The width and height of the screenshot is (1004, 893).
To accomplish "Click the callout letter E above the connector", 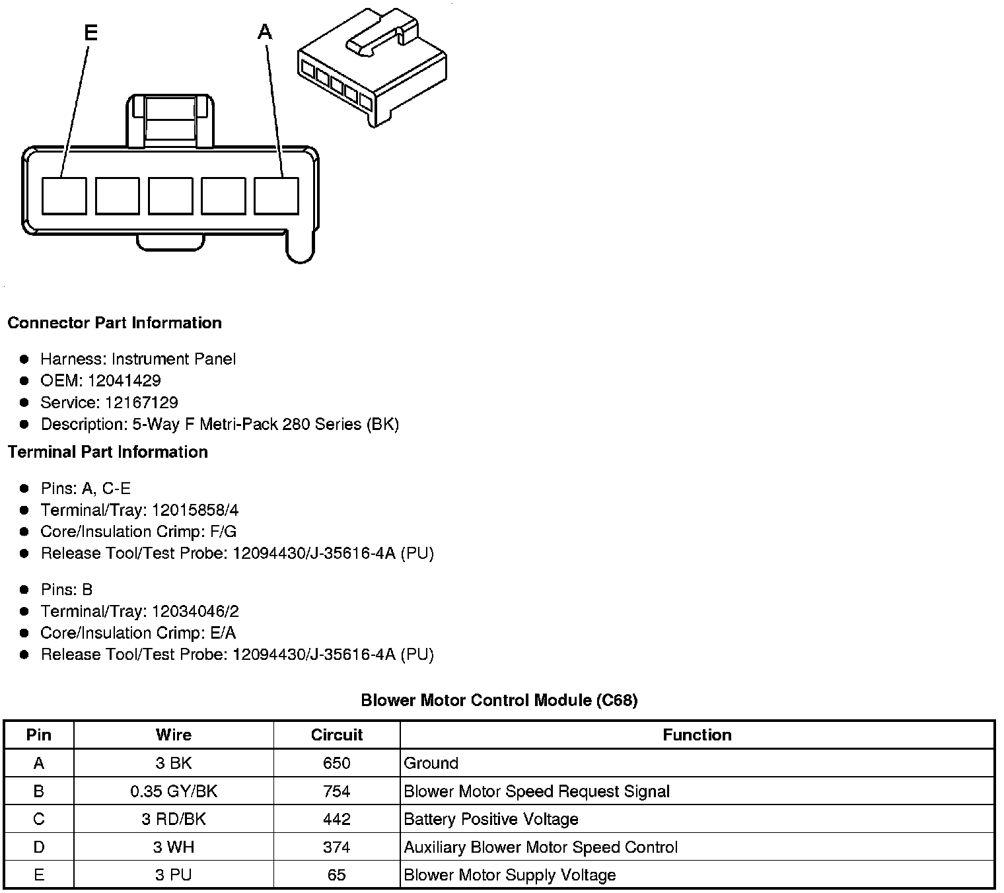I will pyautogui.click(x=91, y=32).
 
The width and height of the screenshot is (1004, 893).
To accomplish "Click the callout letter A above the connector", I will pyautogui.click(x=265, y=32).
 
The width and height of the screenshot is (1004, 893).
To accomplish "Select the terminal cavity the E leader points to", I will pyautogui.click(x=64, y=196).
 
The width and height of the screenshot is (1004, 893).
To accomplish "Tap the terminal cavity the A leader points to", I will pyautogui.click(x=276, y=196).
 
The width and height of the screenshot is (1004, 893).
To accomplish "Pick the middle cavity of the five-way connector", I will pyautogui.click(x=170, y=196).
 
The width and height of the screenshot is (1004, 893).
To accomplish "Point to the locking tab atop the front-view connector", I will pyautogui.click(x=170, y=120).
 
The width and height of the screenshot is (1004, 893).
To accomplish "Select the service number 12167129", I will pyautogui.click(x=141, y=402).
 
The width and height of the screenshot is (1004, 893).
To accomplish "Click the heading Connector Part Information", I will pyautogui.click(x=114, y=323).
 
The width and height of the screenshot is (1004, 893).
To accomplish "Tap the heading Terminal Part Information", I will pyautogui.click(x=108, y=452).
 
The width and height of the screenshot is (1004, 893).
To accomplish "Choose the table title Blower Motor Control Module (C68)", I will pyautogui.click(x=499, y=700).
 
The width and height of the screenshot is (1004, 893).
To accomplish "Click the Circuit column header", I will pyautogui.click(x=337, y=734).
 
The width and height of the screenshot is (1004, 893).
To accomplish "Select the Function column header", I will pyautogui.click(x=697, y=734).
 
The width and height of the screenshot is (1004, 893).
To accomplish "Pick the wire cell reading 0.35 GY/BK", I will pyautogui.click(x=174, y=791).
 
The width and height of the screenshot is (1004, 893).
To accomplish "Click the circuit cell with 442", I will pyautogui.click(x=337, y=819).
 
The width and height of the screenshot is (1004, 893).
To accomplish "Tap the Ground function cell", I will pyautogui.click(x=431, y=764).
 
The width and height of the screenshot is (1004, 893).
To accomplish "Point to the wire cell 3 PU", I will pyautogui.click(x=174, y=875).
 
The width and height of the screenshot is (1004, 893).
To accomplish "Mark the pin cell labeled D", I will pyautogui.click(x=39, y=847).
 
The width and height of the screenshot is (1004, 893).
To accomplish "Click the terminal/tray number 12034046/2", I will pyautogui.click(x=196, y=611).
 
